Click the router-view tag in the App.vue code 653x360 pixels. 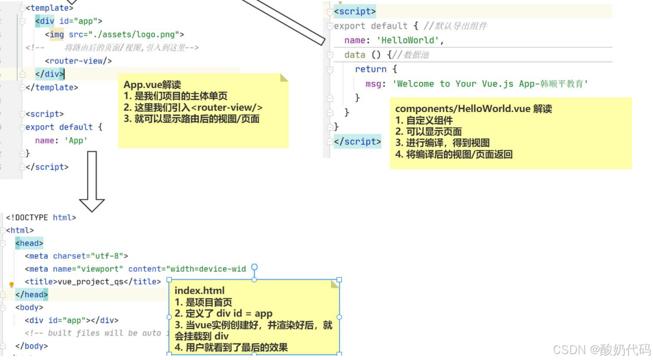pos(78,61)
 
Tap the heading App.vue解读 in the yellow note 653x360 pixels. pos(152,85)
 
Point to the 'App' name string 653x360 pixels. pos(76,140)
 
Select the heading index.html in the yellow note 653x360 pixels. pos(199,291)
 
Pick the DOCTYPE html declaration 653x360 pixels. pos(41,217)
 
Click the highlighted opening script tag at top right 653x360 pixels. pos(355,11)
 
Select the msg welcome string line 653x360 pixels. pos(476,84)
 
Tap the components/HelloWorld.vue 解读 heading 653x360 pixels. pos(473,109)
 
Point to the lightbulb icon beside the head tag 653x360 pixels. pos(11,285)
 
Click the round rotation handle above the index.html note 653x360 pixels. pos(254,267)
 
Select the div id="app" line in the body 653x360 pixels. pos(71,320)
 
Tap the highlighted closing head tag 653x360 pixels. pos(32,295)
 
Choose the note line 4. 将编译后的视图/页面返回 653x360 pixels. pos(454,154)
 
